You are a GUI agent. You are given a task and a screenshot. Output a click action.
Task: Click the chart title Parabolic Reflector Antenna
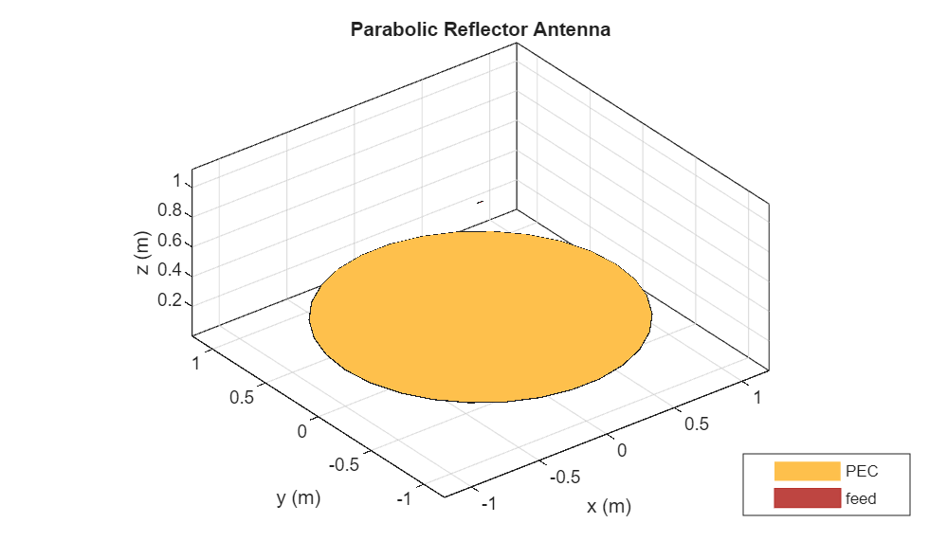tap(480, 29)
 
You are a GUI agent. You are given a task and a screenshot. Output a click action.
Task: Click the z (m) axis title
tap(143, 253)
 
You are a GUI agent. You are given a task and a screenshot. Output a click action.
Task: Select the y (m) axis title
tap(299, 498)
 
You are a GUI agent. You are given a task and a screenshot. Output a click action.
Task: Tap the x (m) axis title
tap(609, 507)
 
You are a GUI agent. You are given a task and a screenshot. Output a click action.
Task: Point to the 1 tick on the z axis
tap(175, 180)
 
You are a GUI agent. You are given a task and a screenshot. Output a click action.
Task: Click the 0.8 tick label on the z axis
tap(170, 210)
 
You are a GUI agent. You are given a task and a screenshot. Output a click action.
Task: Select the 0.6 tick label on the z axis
tap(170, 241)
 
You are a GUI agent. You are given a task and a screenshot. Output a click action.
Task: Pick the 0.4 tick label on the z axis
tap(170, 270)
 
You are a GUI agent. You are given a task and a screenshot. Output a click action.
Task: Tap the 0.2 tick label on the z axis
tap(170, 300)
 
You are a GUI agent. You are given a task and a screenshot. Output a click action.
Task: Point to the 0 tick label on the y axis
tap(302, 432)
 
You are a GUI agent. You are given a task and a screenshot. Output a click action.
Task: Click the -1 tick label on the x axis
tap(488, 504)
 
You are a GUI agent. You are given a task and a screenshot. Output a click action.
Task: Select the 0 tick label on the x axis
tap(622, 449)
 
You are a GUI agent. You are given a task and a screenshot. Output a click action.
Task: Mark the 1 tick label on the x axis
tap(756, 399)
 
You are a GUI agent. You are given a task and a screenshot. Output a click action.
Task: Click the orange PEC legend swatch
tap(807, 471)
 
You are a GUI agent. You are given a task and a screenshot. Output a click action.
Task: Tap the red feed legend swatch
tap(807, 498)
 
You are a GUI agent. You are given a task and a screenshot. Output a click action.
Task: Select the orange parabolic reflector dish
tap(481, 316)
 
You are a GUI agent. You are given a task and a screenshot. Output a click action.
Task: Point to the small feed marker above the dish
tap(481, 202)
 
